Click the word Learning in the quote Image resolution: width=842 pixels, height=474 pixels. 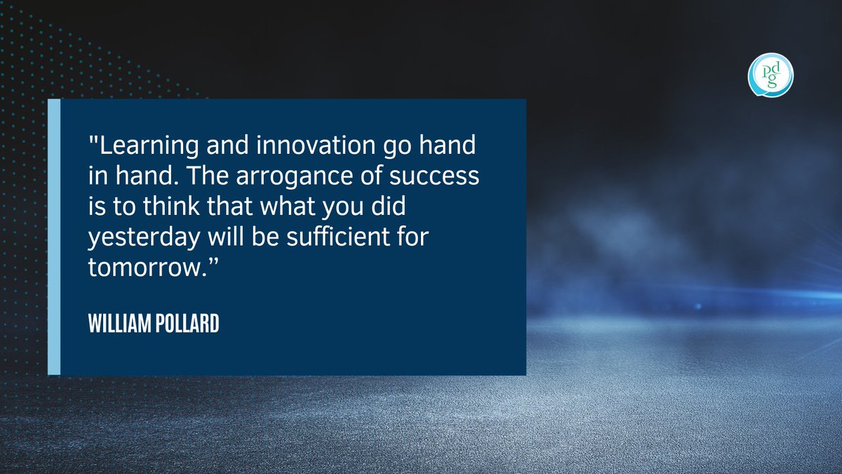click(140, 149)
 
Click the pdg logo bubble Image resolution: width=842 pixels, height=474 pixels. click(770, 75)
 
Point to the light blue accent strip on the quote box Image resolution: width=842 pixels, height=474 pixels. click(54, 237)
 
